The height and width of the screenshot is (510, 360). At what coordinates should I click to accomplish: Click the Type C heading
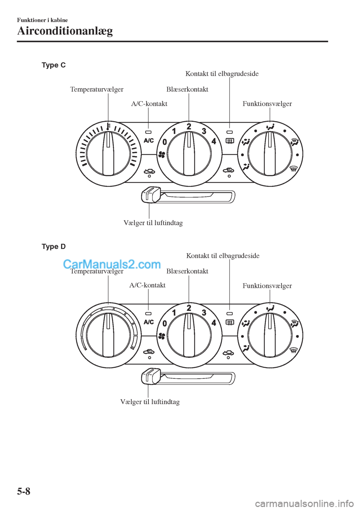[x=54, y=65]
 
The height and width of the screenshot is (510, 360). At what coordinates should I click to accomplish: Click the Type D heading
[x=54, y=247]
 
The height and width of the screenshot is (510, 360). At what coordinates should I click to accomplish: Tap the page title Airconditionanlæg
[x=65, y=31]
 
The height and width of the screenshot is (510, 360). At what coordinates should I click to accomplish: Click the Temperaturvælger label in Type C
[x=97, y=90]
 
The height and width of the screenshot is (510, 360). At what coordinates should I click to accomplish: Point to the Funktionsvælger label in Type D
[x=267, y=285]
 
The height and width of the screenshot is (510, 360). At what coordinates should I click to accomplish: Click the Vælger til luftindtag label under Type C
[x=153, y=223]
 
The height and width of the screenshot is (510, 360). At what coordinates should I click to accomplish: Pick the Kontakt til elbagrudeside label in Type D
[x=223, y=256]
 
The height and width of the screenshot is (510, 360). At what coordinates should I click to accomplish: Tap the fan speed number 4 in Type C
[x=214, y=141]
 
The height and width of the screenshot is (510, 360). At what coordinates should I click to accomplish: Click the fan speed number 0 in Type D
[x=164, y=323]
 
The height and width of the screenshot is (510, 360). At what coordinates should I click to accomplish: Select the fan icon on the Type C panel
[x=162, y=154]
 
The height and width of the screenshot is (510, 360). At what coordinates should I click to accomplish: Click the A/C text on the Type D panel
[x=149, y=322]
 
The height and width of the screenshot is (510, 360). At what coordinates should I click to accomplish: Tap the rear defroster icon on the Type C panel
[x=229, y=141]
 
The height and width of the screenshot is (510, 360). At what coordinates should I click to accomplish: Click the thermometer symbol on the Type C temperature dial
[x=108, y=126]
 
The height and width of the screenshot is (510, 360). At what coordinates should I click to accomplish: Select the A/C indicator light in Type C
[x=148, y=132]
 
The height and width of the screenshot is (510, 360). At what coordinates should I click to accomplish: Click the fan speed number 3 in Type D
[x=204, y=313]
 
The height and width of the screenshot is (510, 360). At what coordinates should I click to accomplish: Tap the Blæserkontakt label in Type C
[x=187, y=89]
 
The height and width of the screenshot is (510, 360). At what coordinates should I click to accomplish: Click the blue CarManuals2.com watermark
[x=112, y=265]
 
